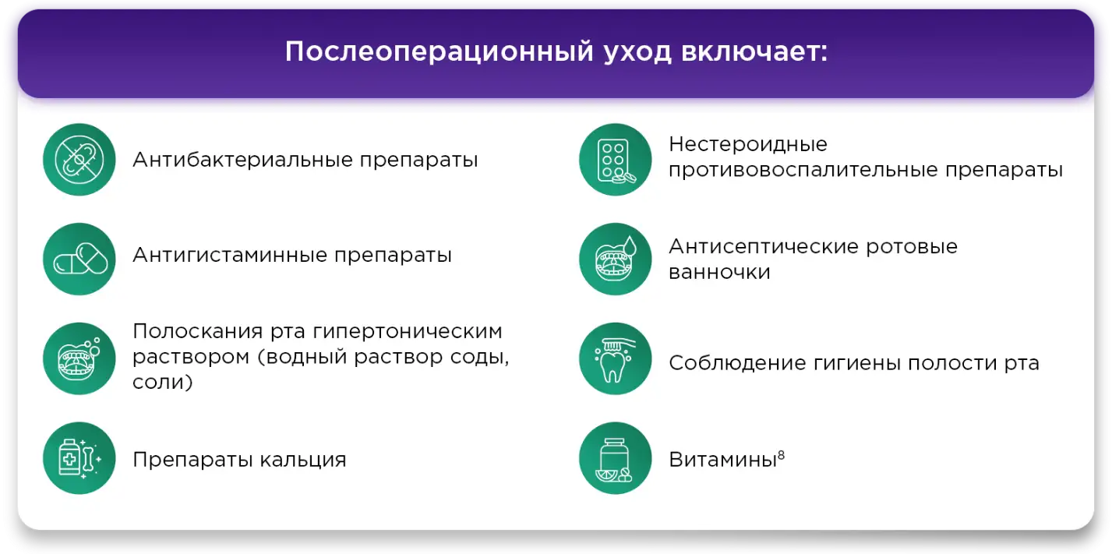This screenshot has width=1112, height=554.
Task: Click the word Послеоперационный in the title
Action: [440, 52]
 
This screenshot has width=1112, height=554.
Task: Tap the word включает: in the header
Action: [754, 51]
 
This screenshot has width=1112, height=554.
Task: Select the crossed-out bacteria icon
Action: [79, 160]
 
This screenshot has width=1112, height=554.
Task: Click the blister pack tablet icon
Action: [616, 160]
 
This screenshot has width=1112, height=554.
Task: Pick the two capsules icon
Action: [79, 259]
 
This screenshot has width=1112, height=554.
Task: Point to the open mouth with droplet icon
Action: [616, 259]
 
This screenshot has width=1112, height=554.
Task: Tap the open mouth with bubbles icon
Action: [79, 358]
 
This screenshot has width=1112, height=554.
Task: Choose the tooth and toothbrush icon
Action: [616, 358]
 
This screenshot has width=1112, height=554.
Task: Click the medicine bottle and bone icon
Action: [79, 457]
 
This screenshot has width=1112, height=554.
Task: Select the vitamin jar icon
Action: [616, 457]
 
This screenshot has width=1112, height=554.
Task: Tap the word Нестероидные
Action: [748, 144]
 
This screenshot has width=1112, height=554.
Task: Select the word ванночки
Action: [719, 272]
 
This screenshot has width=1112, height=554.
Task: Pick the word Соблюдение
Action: [736, 363]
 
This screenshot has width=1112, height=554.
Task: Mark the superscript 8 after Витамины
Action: [782, 455]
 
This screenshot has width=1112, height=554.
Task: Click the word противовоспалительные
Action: [803, 171]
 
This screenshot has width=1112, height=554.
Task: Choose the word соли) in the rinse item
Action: [162, 383]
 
